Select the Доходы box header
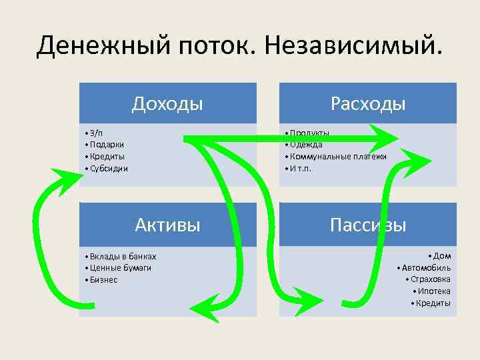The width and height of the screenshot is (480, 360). (167, 103)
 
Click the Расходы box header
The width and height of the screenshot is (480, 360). (368, 103)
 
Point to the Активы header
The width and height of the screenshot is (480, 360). (167, 224)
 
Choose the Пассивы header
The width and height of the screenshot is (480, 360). (368, 224)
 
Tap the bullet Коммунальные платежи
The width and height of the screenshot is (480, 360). (337, 156)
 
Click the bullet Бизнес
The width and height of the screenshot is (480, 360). (103, 280)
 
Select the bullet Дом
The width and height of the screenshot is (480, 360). (442, 256)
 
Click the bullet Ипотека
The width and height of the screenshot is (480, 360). (434, 292)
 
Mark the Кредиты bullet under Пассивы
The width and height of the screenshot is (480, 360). (433, 304)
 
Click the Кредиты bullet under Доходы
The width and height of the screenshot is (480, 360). (107, 156)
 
